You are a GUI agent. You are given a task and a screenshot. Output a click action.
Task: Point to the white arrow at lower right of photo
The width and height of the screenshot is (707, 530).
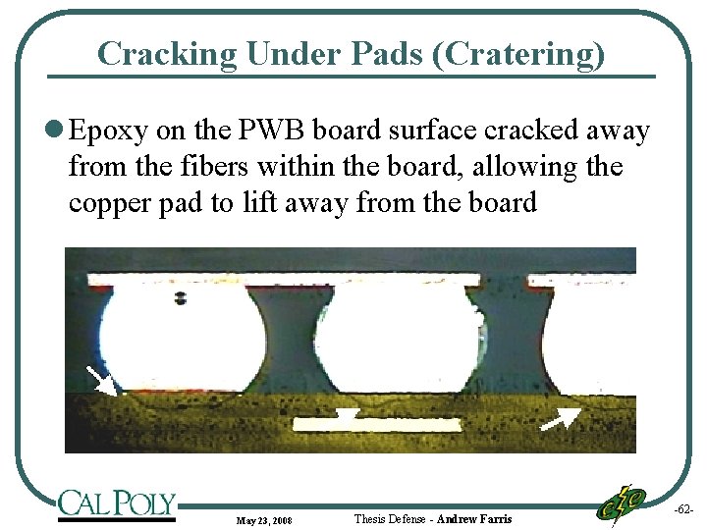click(561, 419)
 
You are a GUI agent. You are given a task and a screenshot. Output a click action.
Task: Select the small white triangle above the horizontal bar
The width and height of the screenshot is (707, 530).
click(346, 416)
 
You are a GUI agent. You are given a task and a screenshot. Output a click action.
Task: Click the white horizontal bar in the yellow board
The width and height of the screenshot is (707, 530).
click(378, 426)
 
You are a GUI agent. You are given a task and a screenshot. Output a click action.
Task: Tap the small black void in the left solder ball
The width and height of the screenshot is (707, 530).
click(180, 297)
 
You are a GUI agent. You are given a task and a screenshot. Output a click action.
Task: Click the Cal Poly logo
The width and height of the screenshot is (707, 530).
click(116, 504)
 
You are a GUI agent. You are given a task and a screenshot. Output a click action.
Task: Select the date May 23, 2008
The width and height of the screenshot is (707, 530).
click(263, 519)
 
